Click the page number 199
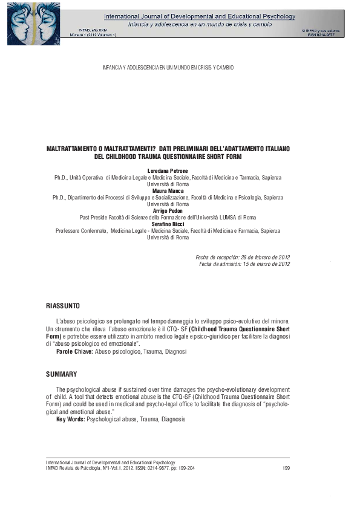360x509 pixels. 286,467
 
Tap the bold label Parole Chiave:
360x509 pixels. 74,351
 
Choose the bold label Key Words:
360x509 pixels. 70,418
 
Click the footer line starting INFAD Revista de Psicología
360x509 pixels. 120,467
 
